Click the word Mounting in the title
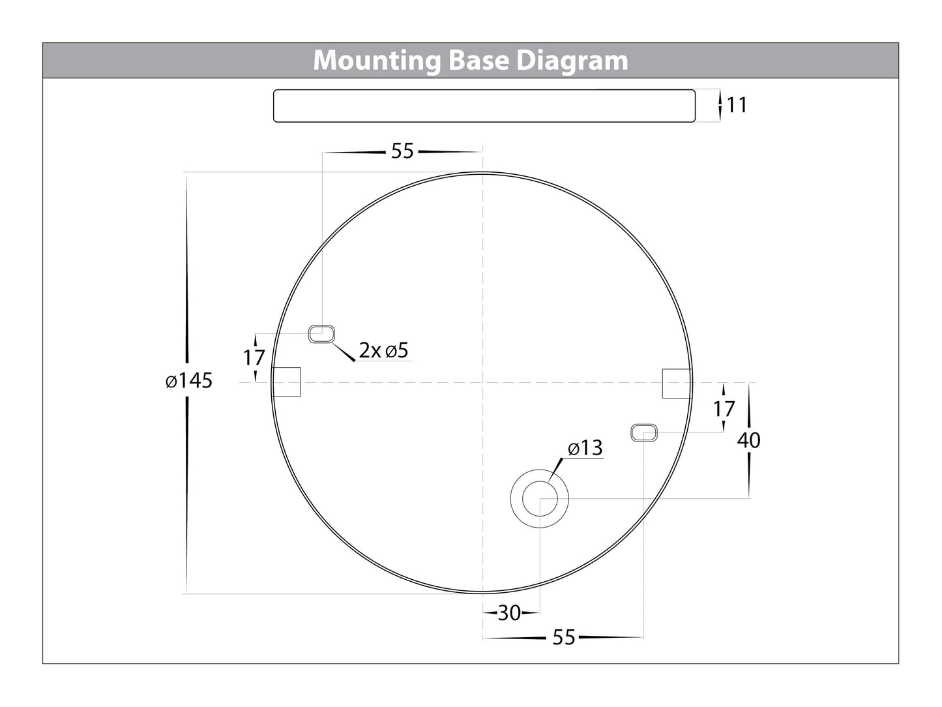tap(377, 61)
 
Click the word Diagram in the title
tap(572, 61)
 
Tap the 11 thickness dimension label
tap(737, 105)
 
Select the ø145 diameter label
tap(189, 380)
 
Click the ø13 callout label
tap(585, 449)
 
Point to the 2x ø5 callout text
tap(383, 351)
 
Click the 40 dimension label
tap(748, 441)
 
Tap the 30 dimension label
tap(509, 613)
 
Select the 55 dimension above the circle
tap(402, 151)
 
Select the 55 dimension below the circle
tap(563, 637)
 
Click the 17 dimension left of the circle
tap(254, 357)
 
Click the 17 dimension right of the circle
tap(724, 410)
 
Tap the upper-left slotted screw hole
tap(321, 335)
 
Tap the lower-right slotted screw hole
tap(644, 432)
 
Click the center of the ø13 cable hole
tap(539, 500)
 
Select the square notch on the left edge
tap(286, 382)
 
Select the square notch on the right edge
tap(676, 383)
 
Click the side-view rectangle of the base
tap(484, 106)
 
